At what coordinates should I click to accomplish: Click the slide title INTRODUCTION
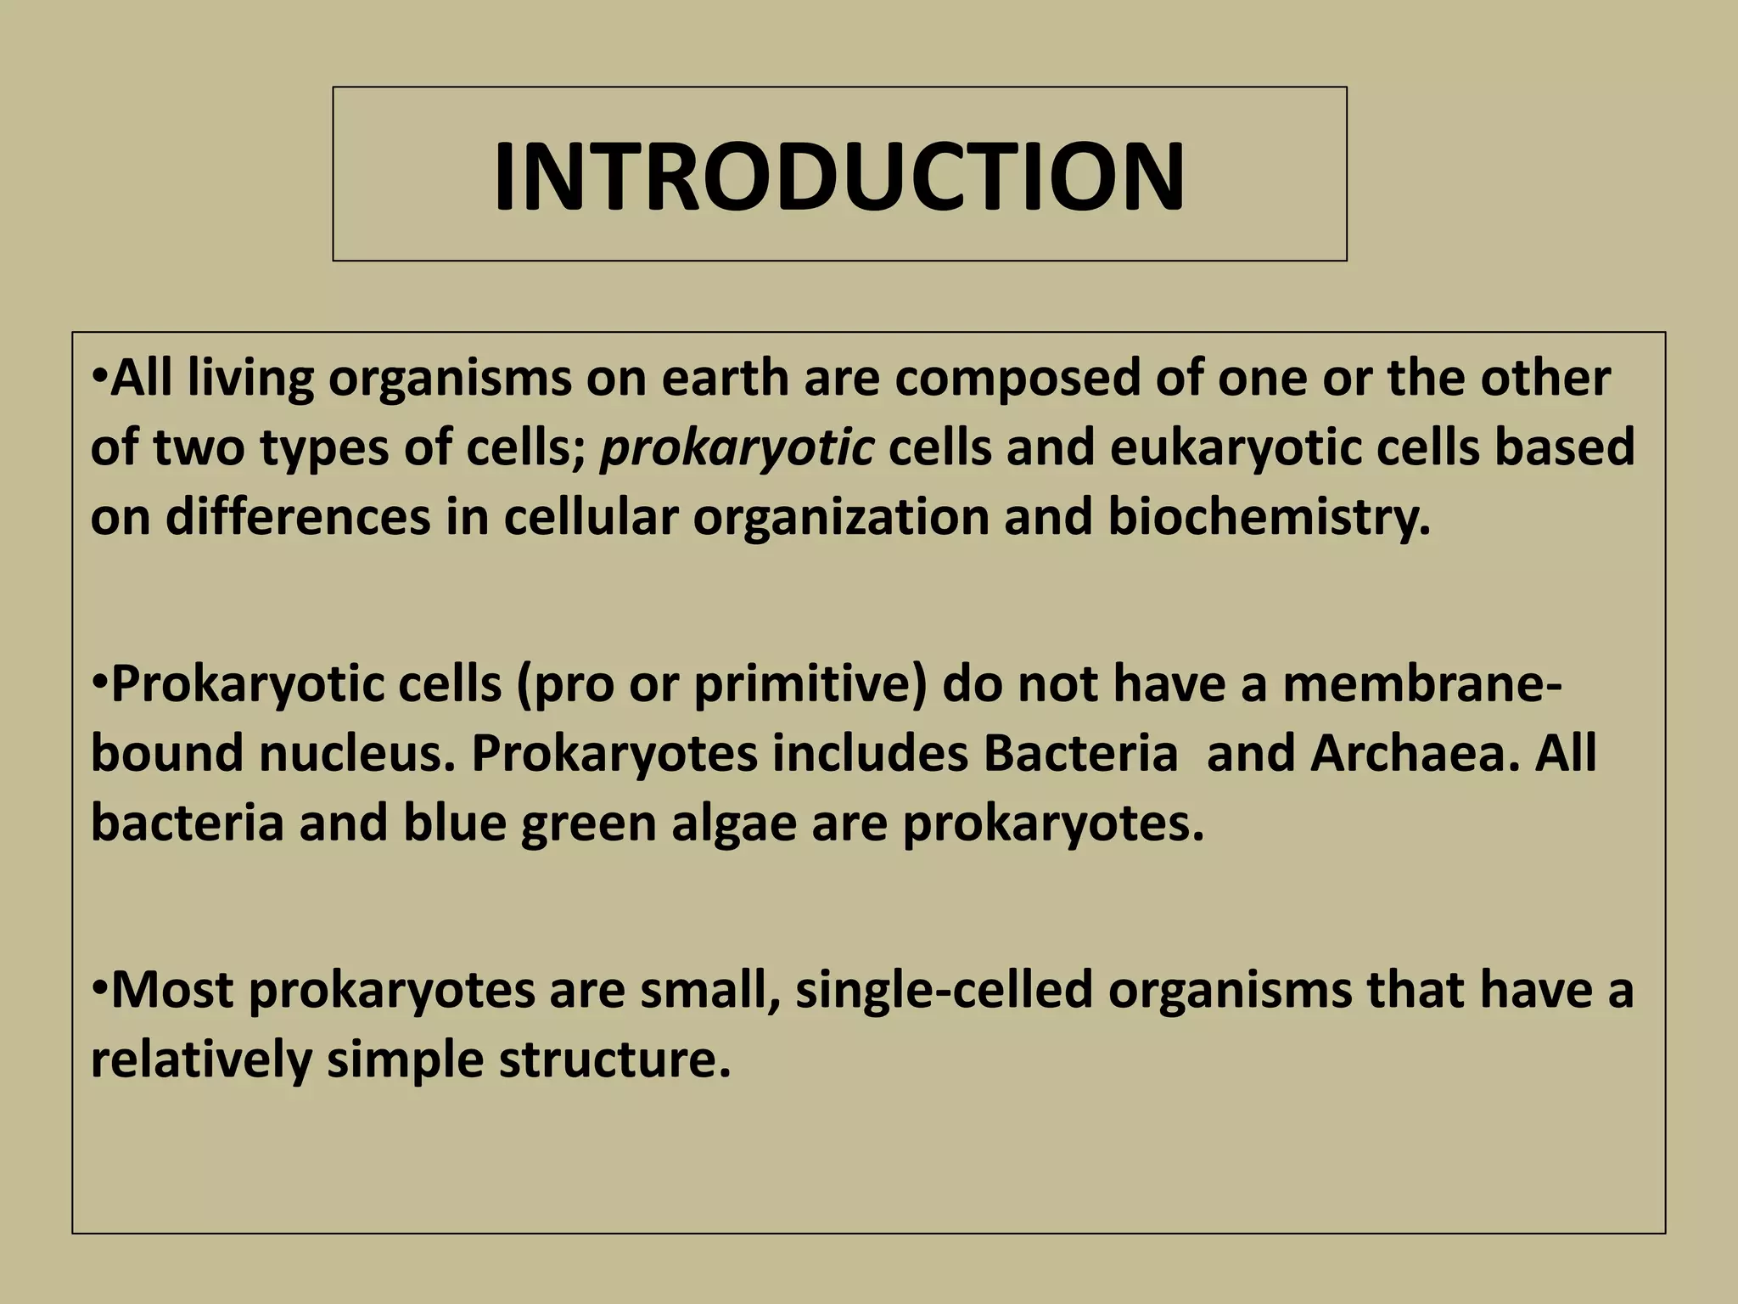[x=838, y=177]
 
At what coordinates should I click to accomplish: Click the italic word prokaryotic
[x=737, y=447]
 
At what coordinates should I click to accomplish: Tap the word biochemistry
[x=1269, y=517]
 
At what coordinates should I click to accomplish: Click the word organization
[x=841, y=517]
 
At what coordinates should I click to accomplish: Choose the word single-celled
[x=944, y=990]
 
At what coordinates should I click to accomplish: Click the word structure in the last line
[x=614, y=1059]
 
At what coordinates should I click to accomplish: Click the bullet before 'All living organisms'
[x=98, y=376]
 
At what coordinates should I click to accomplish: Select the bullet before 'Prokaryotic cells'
[x=98, y=682]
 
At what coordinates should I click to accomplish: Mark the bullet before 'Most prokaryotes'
[x=98, y=988]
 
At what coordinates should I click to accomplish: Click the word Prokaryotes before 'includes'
[x=614, y=753]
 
